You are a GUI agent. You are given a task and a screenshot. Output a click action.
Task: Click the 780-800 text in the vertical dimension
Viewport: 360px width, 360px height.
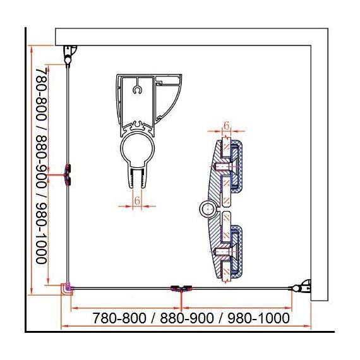[x=42, y=95]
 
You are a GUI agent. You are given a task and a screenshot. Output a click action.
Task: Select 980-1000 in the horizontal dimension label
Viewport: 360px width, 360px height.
[x=258, y=318]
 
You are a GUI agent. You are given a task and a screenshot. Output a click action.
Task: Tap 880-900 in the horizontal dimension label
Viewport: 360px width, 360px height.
[x=187, y=318]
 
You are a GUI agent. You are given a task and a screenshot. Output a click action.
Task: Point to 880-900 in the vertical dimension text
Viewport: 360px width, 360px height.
[x=42, y=162]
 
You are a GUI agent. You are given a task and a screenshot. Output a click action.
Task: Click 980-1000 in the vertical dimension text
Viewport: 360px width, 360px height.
[x=42, y=233]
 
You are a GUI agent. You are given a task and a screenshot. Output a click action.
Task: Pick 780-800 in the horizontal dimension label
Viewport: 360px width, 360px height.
[x=119, y=318]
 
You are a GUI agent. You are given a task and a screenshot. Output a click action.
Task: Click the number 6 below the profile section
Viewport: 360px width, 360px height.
[x=137, y=200]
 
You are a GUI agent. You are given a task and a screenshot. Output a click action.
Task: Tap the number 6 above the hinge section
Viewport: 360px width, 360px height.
[x=226, y=125]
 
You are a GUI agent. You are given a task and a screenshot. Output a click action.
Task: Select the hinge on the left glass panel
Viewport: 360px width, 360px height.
[x=68, y=175]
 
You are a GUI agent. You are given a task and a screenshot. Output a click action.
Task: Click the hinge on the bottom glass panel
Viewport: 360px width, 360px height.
[x=181, y=288]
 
